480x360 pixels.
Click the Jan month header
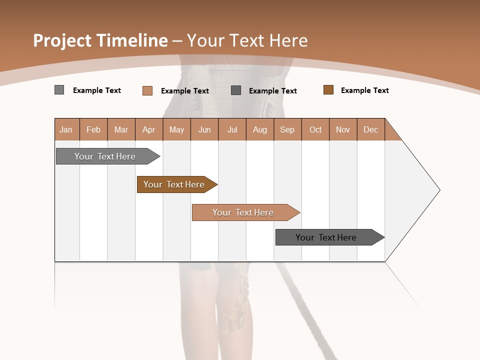tap(66, 129)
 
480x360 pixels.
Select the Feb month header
tap(93, 129)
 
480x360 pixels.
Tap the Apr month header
tap(149, 129)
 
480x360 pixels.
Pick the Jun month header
tap(204, 129)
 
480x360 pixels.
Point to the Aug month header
tap(260, 129)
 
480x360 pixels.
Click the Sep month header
tap(287, 129)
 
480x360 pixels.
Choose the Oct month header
tap(315, 129)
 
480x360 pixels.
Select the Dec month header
tap(371, 129)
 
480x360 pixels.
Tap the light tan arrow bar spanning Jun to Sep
tap(243, 212)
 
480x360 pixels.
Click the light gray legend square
tap(59, 90)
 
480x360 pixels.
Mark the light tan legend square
tap(147, 90)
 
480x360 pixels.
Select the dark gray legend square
tap(236, 90)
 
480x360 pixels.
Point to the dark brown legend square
tap(328, 90)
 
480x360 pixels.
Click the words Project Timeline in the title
tap(100, 40)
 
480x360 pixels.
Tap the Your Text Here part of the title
tap(247, 40)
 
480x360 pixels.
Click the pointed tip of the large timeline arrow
tap(437, 190)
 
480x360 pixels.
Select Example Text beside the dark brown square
tap(364, 90)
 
